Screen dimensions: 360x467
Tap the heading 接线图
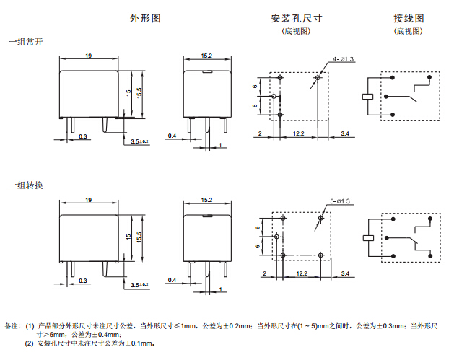click(x=409, y=18)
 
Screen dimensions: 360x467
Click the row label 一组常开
click(x=25, y=43)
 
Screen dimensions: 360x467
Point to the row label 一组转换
click(x=25, y=185)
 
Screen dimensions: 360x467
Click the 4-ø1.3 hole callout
click(x=344, y=59)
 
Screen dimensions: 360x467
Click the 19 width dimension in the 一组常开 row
click(x=88, y=56)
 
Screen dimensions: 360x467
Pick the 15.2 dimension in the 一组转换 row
click(x=206, y=199)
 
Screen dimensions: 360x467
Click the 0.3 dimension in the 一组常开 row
click(x=83, y=136)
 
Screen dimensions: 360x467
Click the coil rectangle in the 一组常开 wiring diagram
click(x=367, y=96)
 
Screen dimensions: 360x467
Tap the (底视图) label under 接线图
click(x=409, y=32)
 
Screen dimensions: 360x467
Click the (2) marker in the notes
click(x=29, y=343)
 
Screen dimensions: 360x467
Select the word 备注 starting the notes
click(x=13, y=326)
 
